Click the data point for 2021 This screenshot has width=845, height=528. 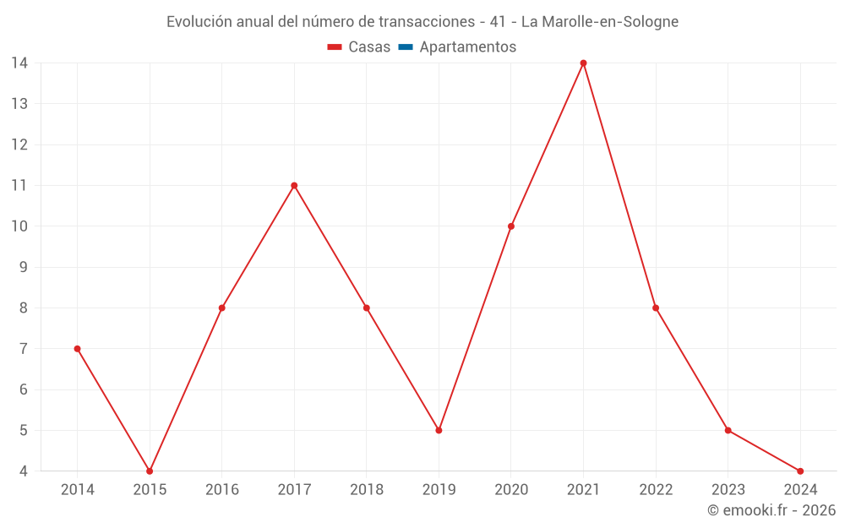[583, 63]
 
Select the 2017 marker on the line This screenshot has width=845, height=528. [294, 186]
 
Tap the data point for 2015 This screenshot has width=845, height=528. [150, 471]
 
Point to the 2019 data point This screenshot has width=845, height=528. [439, 430]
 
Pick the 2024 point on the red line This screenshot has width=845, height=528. [800, 471]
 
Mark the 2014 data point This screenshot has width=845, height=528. [77, 349]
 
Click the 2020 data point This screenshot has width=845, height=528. [511, 226]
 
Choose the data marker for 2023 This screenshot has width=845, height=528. [728, 430]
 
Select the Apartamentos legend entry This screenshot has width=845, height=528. [467, 47]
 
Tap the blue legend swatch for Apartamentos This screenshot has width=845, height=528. [405, 47]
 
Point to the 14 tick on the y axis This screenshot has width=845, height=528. [19, 63]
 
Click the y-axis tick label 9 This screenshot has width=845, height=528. [24, 267]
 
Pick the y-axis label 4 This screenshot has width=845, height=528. [24, 471]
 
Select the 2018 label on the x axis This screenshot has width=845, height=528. [367, 490]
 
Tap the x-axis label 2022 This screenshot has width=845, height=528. [656, 490]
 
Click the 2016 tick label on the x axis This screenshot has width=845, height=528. [222, 490]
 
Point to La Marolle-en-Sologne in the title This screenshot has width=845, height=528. [599, 22]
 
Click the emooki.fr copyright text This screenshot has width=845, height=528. [771, 510]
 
